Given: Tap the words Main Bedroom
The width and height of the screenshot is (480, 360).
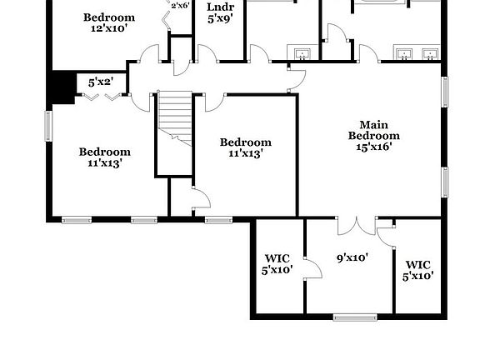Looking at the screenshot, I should click(373, 130).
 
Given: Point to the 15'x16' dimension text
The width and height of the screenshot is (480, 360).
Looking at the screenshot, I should click(373, 147).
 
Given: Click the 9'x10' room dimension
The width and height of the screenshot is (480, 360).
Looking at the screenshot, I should click(352, 257).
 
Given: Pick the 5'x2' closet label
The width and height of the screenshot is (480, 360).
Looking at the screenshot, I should click(106, 82).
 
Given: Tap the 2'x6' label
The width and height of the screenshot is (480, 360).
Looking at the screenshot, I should click(180, 6).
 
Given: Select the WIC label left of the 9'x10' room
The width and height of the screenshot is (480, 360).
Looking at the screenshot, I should click(277, 257).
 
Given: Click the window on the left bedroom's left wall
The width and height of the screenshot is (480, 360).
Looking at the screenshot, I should click(48, 126).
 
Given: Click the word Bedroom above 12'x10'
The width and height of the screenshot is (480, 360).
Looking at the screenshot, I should click(109, 17).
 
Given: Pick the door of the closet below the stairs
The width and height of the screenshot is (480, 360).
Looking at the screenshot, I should click(200, 199).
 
